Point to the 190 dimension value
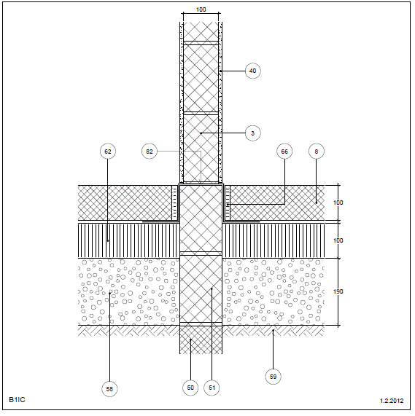pyautogui.click(x=338, y=291)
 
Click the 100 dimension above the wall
pyautogui.click(x=201, y=9)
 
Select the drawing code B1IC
pyautogui.click(x=17, y=399)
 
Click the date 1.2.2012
pyautogui.click(x=392, y=401)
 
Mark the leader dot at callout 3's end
pyautogui.click(x=201, y=133)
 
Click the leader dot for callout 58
pyautogui.click(x=109, y=293)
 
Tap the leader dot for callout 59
pyautogui.click(x=274, y=330)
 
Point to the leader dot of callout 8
pyautogui.click(x=317, y=203)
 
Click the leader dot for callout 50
pyautogui.click(x=190, y=340)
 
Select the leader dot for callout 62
pyautogui.click(x=108, y=241)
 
